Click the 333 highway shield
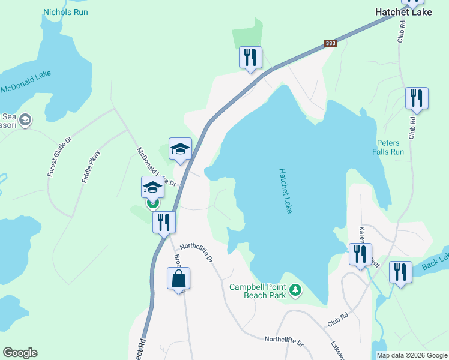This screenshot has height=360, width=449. tap(330, 43)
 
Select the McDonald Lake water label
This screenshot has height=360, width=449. tap(26, 83)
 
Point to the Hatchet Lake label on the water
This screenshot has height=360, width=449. tap(285, 191)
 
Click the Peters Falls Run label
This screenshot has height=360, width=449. tap(390, 147)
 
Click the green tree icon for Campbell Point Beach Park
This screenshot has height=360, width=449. tap(295, 290)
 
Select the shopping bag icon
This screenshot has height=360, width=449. tap(179, 278)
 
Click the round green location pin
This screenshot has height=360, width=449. tap(153, 202)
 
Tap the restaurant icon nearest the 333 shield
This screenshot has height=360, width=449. tap(250, 58)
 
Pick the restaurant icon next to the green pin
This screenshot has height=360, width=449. tap(164, 222)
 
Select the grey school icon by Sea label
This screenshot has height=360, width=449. tap(25, 120)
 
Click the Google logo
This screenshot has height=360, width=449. tap(20, 353)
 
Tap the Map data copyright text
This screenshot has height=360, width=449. tap(412, 355)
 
